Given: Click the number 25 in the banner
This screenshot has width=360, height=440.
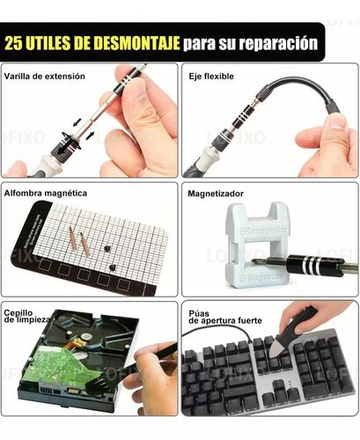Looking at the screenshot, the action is (x=13, y=43).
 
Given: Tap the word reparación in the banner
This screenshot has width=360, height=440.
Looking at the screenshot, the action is (x=278, y=44).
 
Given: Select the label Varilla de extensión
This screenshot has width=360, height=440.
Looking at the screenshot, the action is (x=45, y=77).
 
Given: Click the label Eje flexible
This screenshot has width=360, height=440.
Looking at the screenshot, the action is (x=211, y=77).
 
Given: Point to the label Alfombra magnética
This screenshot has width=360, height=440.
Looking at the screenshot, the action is (x=46, y=194).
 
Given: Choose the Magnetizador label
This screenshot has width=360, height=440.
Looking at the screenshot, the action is (x=216, y=194).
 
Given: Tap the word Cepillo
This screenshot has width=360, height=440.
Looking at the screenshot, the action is (x=18, y=313).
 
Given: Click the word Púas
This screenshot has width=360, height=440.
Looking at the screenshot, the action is (x=199, y=313).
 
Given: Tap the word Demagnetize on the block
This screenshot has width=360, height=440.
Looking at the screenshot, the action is (x=263, y=230).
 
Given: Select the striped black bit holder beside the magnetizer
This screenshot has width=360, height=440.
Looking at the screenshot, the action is (x=315, y=266).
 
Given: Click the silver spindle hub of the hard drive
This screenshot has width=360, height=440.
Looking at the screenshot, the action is (x=85, y=336).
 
